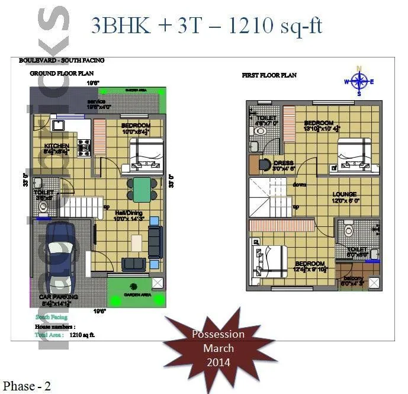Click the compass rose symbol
[359, 81]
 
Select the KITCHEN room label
[56, 146]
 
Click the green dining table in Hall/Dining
[141, 189]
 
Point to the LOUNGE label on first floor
[344, 194]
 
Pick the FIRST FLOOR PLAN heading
[269, 75]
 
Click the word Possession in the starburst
[218, 334]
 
